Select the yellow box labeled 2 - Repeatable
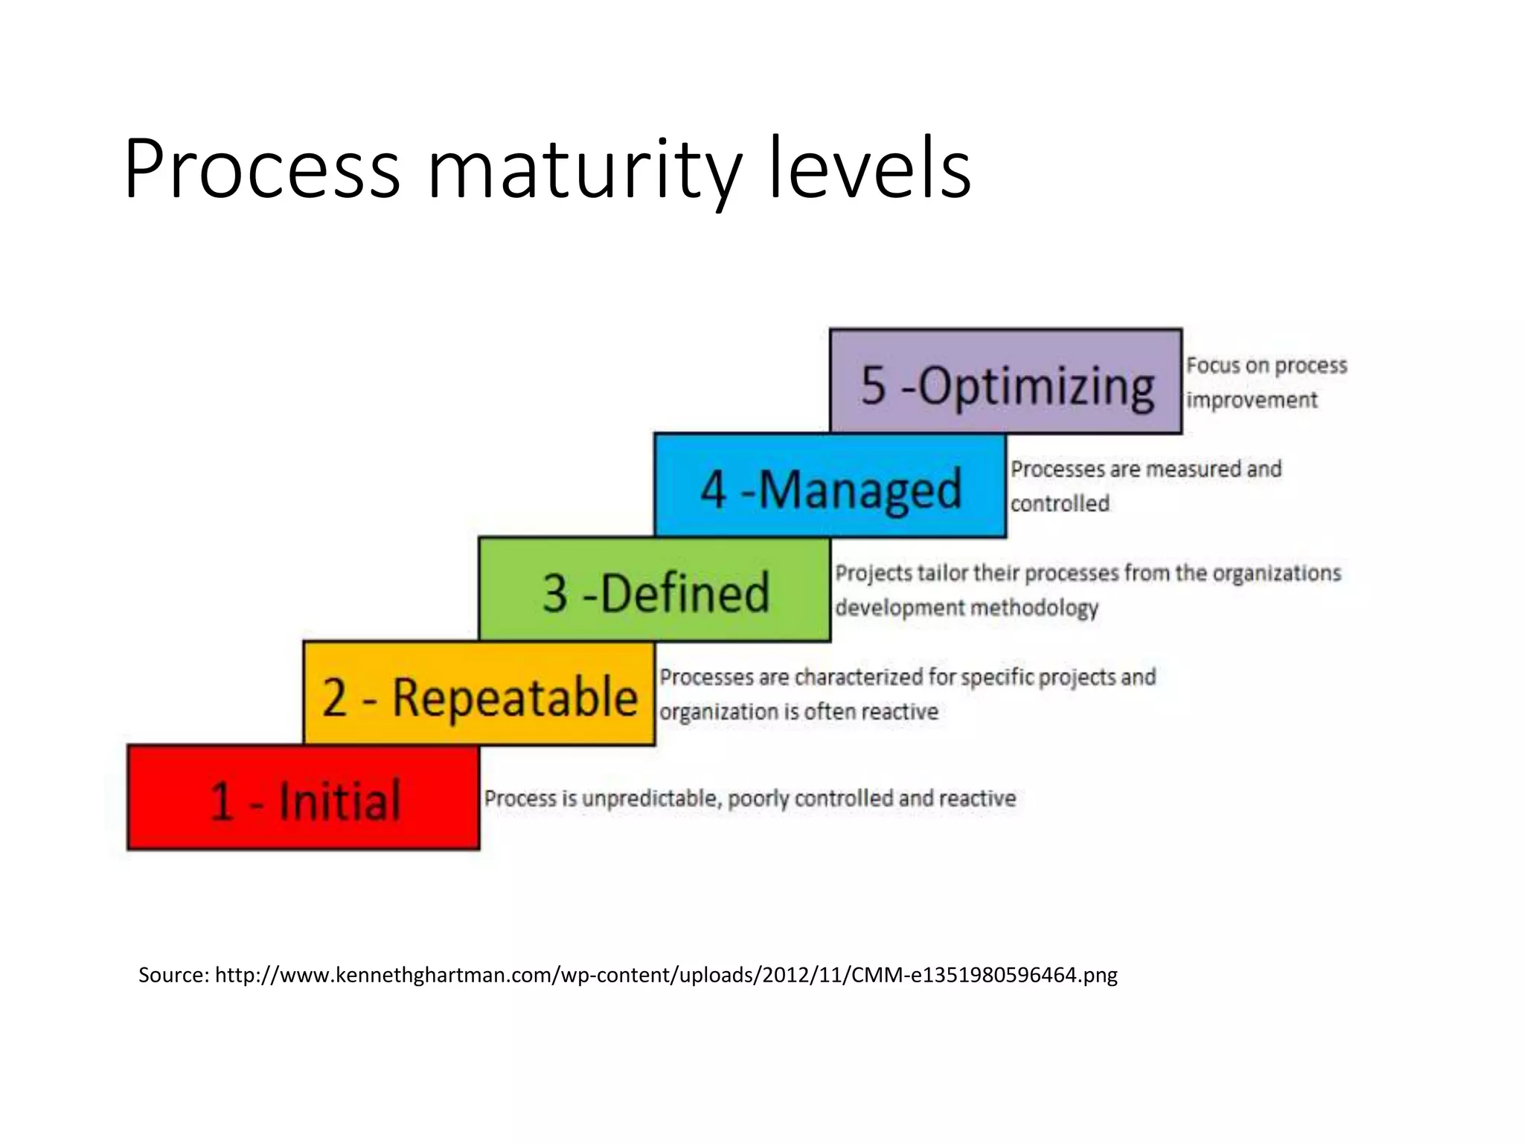coord(479,694)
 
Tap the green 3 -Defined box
coord(655,590)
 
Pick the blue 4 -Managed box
coord(830,486)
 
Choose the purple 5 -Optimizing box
coord(1006,382)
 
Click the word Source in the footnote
coord(173,975)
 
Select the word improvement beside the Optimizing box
coord(1252,400)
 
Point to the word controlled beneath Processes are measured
coord(1060,504)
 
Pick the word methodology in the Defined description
coord(1034,609)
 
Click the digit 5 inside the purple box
coord(874,386)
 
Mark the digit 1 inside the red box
coord(222,802)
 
